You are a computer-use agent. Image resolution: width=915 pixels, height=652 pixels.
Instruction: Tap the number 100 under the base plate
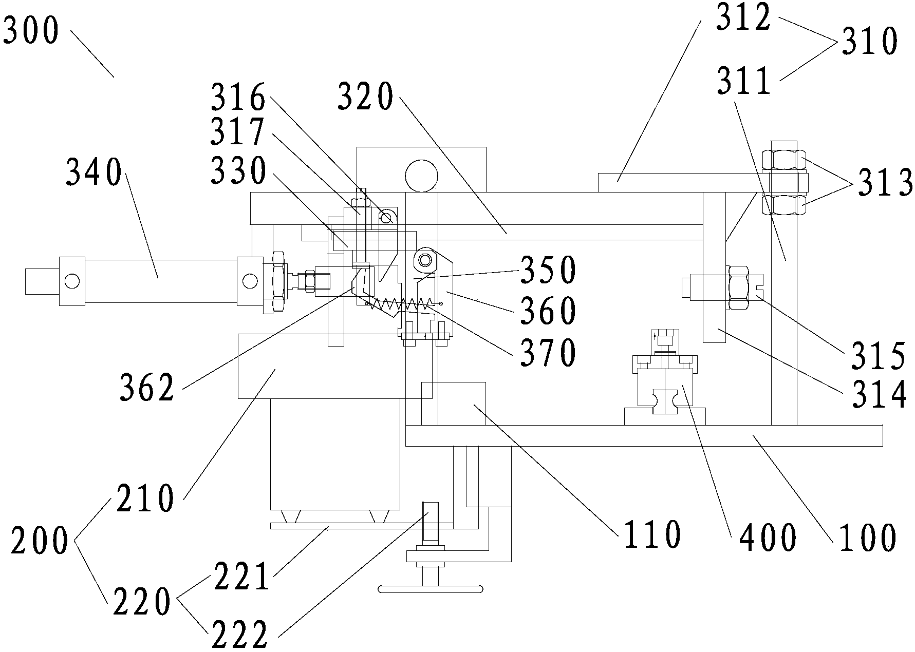(x=867, y=537)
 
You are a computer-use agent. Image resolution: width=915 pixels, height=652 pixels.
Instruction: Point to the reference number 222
(x=239, y=635)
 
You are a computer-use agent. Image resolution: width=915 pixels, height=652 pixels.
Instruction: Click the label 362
(x=148, y=388)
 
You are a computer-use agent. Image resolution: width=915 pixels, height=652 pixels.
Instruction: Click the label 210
(x=145, y=497)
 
